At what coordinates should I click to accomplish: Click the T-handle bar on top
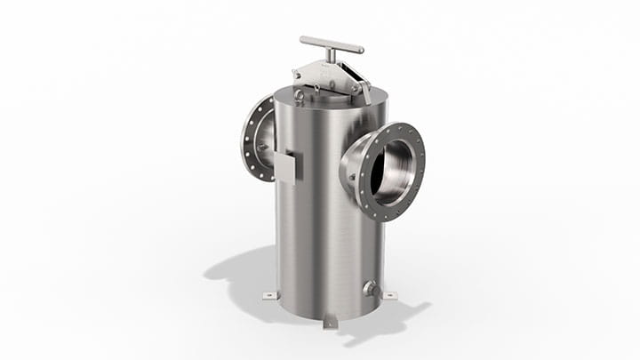[331, 44]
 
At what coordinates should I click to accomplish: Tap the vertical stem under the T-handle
[332, 56]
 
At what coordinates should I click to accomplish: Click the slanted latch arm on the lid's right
[363, 85]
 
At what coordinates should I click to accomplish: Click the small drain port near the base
[369, 288]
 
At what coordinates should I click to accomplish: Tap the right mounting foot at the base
[388, 294]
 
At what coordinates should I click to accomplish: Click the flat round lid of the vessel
[329, 96]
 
